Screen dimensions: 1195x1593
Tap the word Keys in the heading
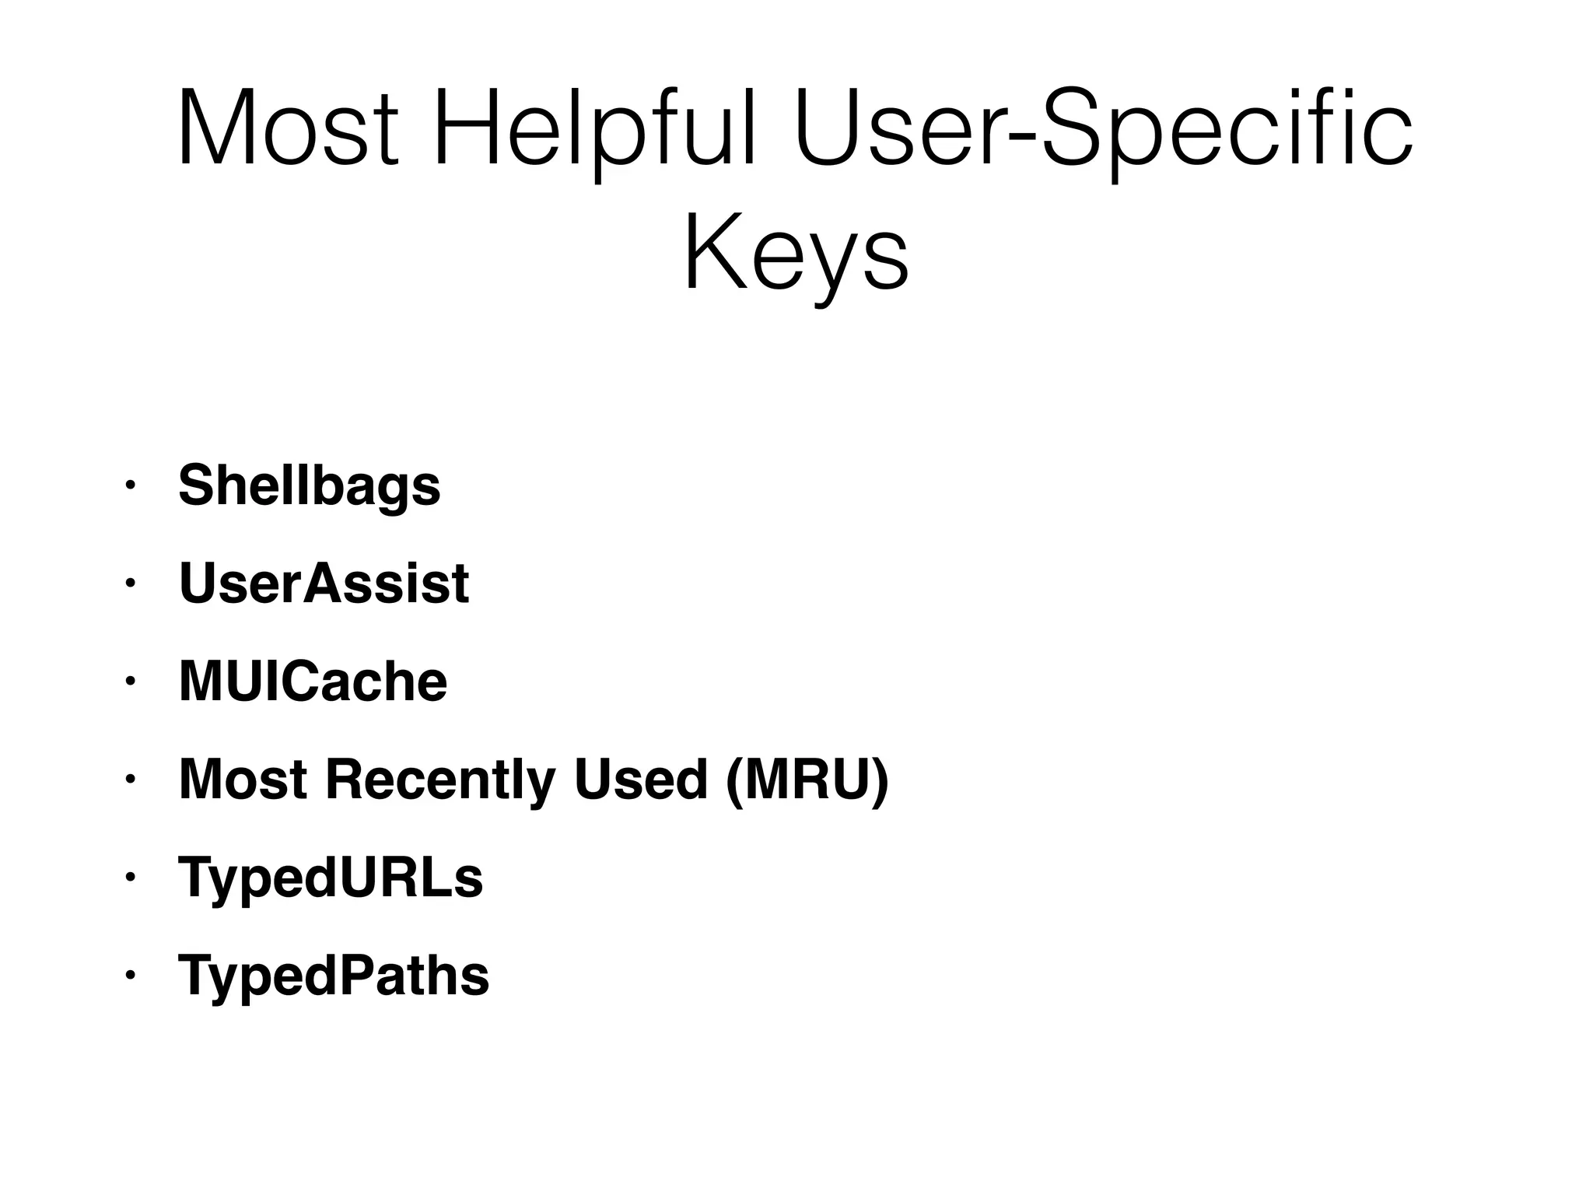pos(796,252)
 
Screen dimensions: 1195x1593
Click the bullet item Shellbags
pos(310,485)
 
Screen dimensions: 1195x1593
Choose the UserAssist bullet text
pos(324,583)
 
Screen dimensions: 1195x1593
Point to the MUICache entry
pos(313,682)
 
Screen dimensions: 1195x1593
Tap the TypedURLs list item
pos(331,878)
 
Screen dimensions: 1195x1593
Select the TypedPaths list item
pos(334,976)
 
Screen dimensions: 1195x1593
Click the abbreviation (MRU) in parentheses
pos(807,780)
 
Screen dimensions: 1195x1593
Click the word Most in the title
pos(289,128)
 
